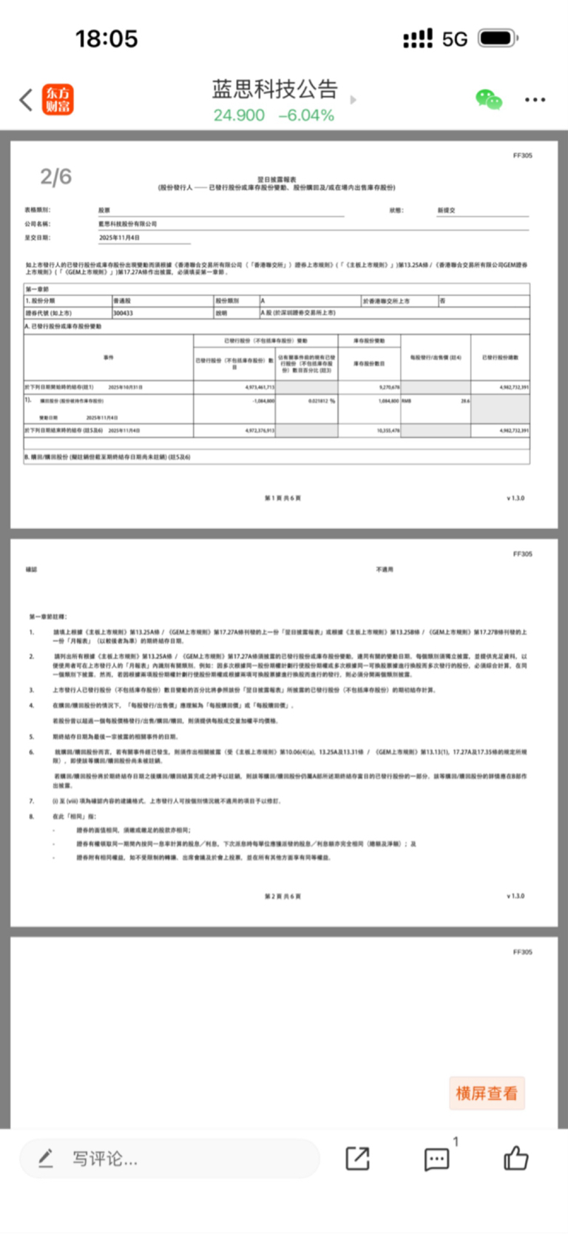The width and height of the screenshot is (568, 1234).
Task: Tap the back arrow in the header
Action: [26, 99]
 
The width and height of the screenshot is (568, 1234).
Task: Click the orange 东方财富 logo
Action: [58, 99]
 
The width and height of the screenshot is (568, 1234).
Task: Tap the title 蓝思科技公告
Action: [274, 90]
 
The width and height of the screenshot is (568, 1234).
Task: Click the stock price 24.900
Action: [239, 115]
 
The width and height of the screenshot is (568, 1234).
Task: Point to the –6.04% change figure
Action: [306, 115]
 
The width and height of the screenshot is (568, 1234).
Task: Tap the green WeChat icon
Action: [488, 99]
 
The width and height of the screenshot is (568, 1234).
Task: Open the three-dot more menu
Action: [535, 99]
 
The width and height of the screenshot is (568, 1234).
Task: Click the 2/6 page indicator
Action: [55, 177]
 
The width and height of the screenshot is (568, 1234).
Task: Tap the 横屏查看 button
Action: [487, 1093]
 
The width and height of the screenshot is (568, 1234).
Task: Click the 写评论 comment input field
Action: [170, 1158]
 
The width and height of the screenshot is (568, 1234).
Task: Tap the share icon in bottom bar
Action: [358, 1158]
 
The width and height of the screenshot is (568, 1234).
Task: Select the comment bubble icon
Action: [436, 1159]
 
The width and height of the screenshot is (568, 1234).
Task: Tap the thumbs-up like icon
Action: [515, 1158]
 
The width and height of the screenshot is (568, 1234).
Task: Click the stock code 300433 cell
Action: [124, 313]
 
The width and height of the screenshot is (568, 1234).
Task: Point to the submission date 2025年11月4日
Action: [120, 238]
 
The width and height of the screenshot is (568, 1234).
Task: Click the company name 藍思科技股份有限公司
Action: [128, 224]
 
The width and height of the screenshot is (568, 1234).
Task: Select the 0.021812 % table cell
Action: [322, 401]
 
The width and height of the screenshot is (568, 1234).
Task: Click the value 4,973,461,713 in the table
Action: [259, 387]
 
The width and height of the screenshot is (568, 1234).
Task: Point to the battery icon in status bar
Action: [498, 38]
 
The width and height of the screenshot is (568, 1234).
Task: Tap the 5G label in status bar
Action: [455, 39]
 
